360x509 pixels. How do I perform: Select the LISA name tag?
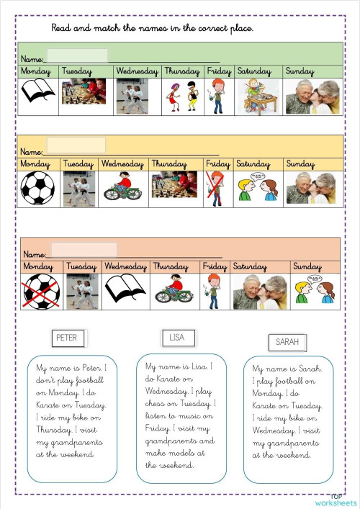[x=177, y=337]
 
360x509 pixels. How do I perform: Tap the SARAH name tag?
[x=288, y=342]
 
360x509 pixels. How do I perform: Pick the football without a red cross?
[x=37, y=189]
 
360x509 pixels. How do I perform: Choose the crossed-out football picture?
[x=40, y=291]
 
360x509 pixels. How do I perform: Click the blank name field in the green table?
[x=77, y=56]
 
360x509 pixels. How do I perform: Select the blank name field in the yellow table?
[x=76, y=145]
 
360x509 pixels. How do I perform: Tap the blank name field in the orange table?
[x=83, y=250]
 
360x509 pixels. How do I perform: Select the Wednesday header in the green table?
[x=137, y=71]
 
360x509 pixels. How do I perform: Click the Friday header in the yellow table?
[x=218, y=164]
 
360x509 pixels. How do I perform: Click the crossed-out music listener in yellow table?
[x=217, y=189]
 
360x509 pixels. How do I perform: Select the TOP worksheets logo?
[x=336, y=500]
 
